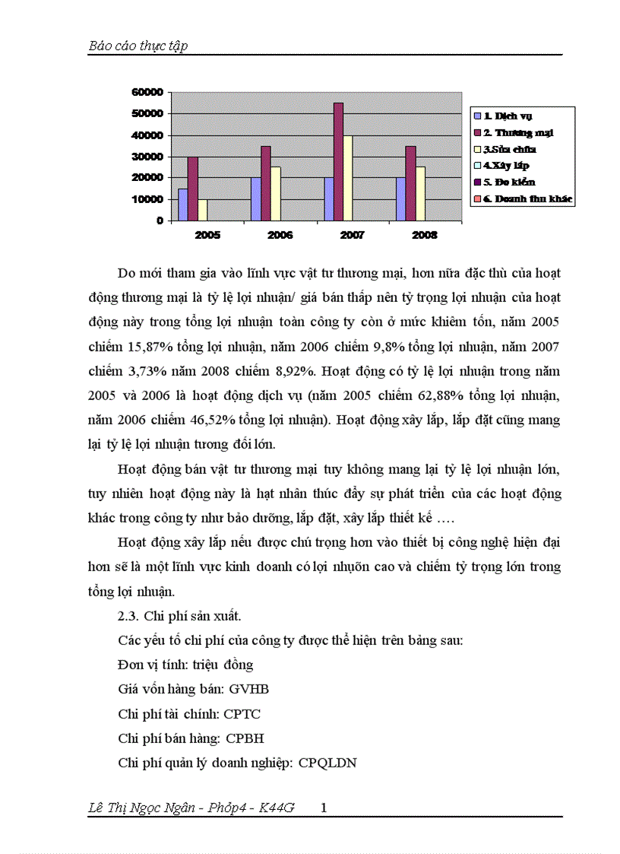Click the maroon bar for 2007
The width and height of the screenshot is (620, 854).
tap(338, 161)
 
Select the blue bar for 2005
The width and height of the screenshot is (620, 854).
tap(183, 204)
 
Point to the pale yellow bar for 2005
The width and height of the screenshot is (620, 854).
tap(202, 209)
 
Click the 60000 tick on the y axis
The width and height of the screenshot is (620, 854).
tap(147, 92)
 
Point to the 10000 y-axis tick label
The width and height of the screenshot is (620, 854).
tap(147, 199)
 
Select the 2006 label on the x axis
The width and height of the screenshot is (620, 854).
tap(280, 235)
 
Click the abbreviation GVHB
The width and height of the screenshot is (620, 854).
tap(248, 689)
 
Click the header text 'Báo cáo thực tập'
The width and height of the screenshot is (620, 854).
tap(138, 46)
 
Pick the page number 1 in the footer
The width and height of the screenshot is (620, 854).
tap(324, 808)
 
